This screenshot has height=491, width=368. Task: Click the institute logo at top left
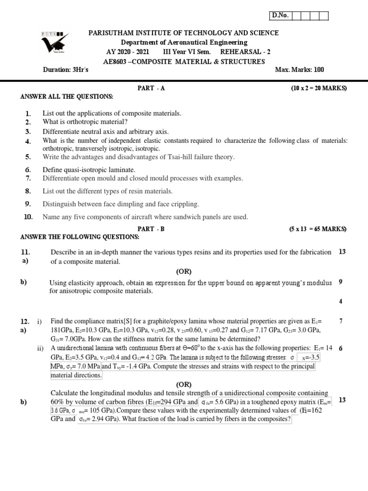pos(55,48)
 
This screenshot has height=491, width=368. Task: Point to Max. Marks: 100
pos(299,70)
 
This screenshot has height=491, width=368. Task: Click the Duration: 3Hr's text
pos(66,70)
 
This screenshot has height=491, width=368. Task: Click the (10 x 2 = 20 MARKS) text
pos(318,88)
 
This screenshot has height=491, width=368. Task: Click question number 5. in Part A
pos(28,157)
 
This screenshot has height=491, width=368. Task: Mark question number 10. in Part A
pos(28,217)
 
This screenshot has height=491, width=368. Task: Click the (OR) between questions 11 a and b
pos(184,271)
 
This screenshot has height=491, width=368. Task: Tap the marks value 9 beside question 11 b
pos(340,282)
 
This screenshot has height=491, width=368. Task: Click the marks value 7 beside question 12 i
pos(340,321)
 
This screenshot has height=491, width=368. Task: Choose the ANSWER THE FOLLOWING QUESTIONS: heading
pos(80,237)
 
